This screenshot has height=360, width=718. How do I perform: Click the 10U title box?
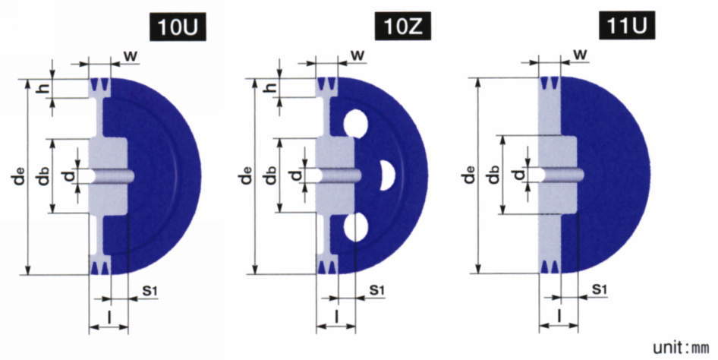[178, 29]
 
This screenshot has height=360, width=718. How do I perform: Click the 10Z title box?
[402, 29]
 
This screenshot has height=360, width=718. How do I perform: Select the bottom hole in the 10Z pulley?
[354, 226]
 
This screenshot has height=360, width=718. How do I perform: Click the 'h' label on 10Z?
[272, 88]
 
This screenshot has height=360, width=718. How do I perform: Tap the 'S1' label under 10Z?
[376, 291]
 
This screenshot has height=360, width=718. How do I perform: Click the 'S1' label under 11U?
[600, 290]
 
